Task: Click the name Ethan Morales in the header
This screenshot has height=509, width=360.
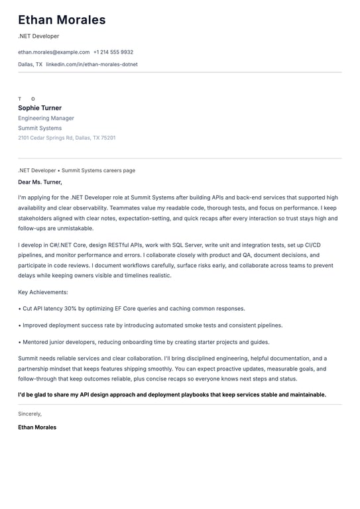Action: pyautogui.click(x=62, y=20)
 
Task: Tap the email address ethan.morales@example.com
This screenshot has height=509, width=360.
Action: pyautogui.click(x=54, y=52)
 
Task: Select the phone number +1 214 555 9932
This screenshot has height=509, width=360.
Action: pyautogui.click(x=113, y=52)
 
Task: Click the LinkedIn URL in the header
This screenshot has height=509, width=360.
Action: pyautogui.click(x=92, y=64)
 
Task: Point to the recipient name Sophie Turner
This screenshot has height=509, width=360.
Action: pyautogui.click(x=40, y=108)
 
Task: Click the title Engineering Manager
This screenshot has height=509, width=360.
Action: pyautogui.click(x=46, y=118)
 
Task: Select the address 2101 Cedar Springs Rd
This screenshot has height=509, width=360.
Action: pyautogui.click(x=45, y=138)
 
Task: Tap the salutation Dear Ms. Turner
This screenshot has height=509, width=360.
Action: pyautogui.click(x=40, y=182)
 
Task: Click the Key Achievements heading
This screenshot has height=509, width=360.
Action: pyautogui.click(x=43, y=292)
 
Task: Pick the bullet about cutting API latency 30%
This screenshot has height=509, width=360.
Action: pyautogui.click(x=133, y=308)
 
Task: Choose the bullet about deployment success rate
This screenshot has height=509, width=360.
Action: pyautogui.click(x=152, y=325)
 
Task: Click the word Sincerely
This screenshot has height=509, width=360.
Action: pyautogui.click(x=30, y=414)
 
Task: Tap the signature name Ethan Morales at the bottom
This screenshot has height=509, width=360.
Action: pyautogui.click(x=37, y=427)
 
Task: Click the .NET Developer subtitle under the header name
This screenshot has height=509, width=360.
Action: pyautogui.click(x=38, y=36)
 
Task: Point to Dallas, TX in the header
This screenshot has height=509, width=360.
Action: pyautogui.click(x=30, y=64)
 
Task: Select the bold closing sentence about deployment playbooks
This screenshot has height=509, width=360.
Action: pyautogui.click(x=172, y=394)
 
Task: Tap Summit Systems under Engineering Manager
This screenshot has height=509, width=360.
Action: pyautogui.click(x=40, y=128)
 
